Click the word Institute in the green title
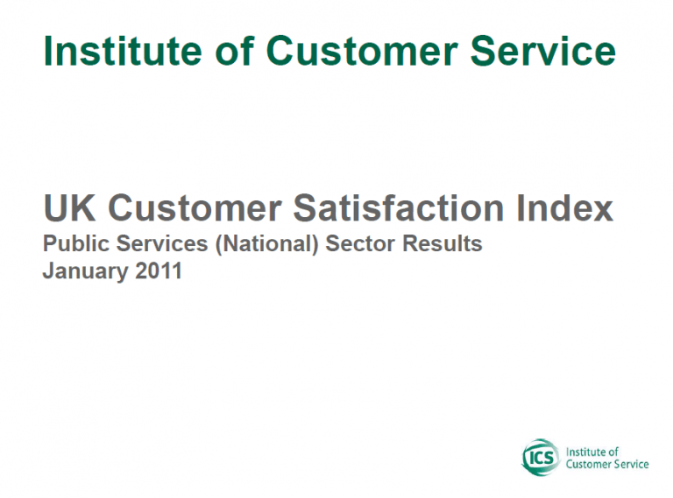[x=123, y=51]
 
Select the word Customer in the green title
[x=362, y=51]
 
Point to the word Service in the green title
[x=543, y=51]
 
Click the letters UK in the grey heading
[x=69, y=207]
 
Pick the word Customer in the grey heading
[x=195, y=207]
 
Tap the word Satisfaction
[x=399, y=207]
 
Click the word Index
[x=564, y=207]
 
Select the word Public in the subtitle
[x=76, y=243]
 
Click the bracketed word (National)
[x=267, y=244]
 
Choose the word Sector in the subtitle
[x=360, y=243]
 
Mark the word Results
[x=442, y=243]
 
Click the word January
[x=85, y=271]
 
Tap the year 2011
[x=159, y=270]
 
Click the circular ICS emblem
[x=541, y=457]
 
